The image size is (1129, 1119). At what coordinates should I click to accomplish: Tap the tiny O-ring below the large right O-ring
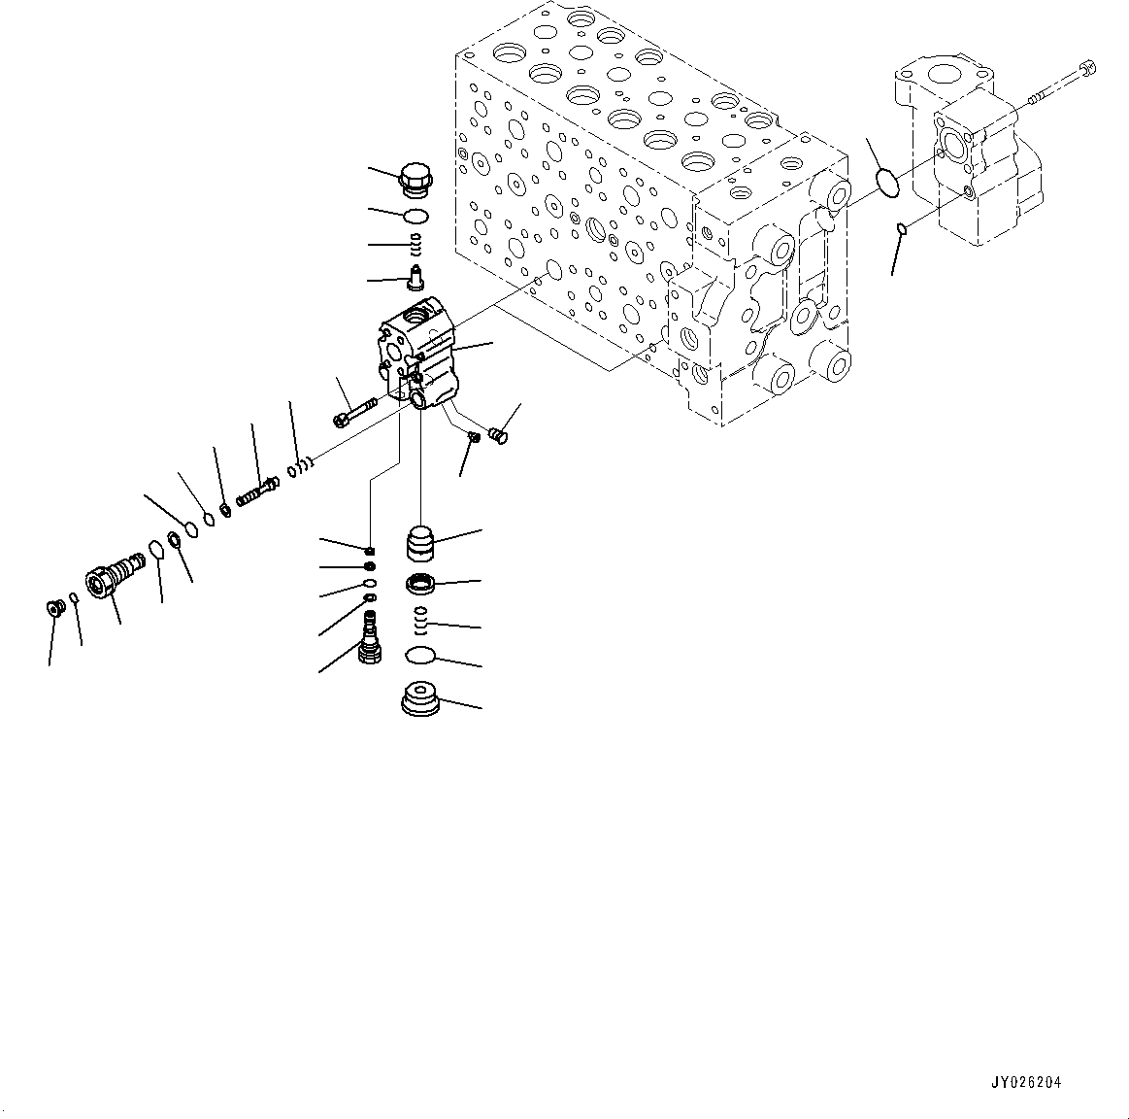click(901, 229)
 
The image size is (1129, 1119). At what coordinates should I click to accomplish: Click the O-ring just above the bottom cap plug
click(420, 657)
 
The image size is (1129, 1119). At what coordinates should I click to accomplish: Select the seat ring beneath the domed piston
click(421, 585)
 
